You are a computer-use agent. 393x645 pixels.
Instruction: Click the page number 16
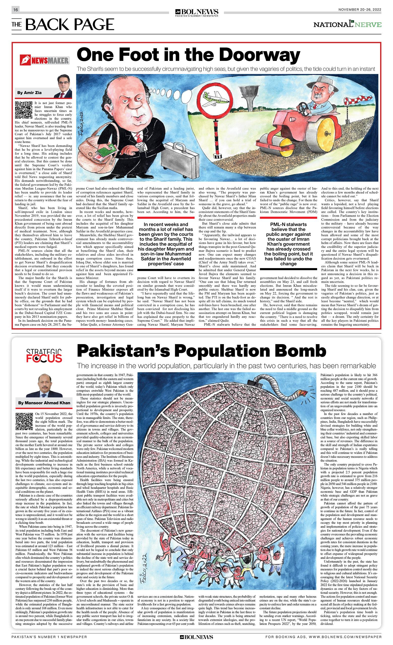pyautogui.click(x=15, y=10)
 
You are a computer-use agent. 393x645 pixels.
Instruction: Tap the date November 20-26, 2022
pyautogui.click(x=359, y=10)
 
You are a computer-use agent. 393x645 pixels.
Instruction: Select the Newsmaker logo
pyautogui.click(x=45, y=61)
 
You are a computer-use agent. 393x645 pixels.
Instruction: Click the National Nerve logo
pyautogui.click(x=347, y=25)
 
